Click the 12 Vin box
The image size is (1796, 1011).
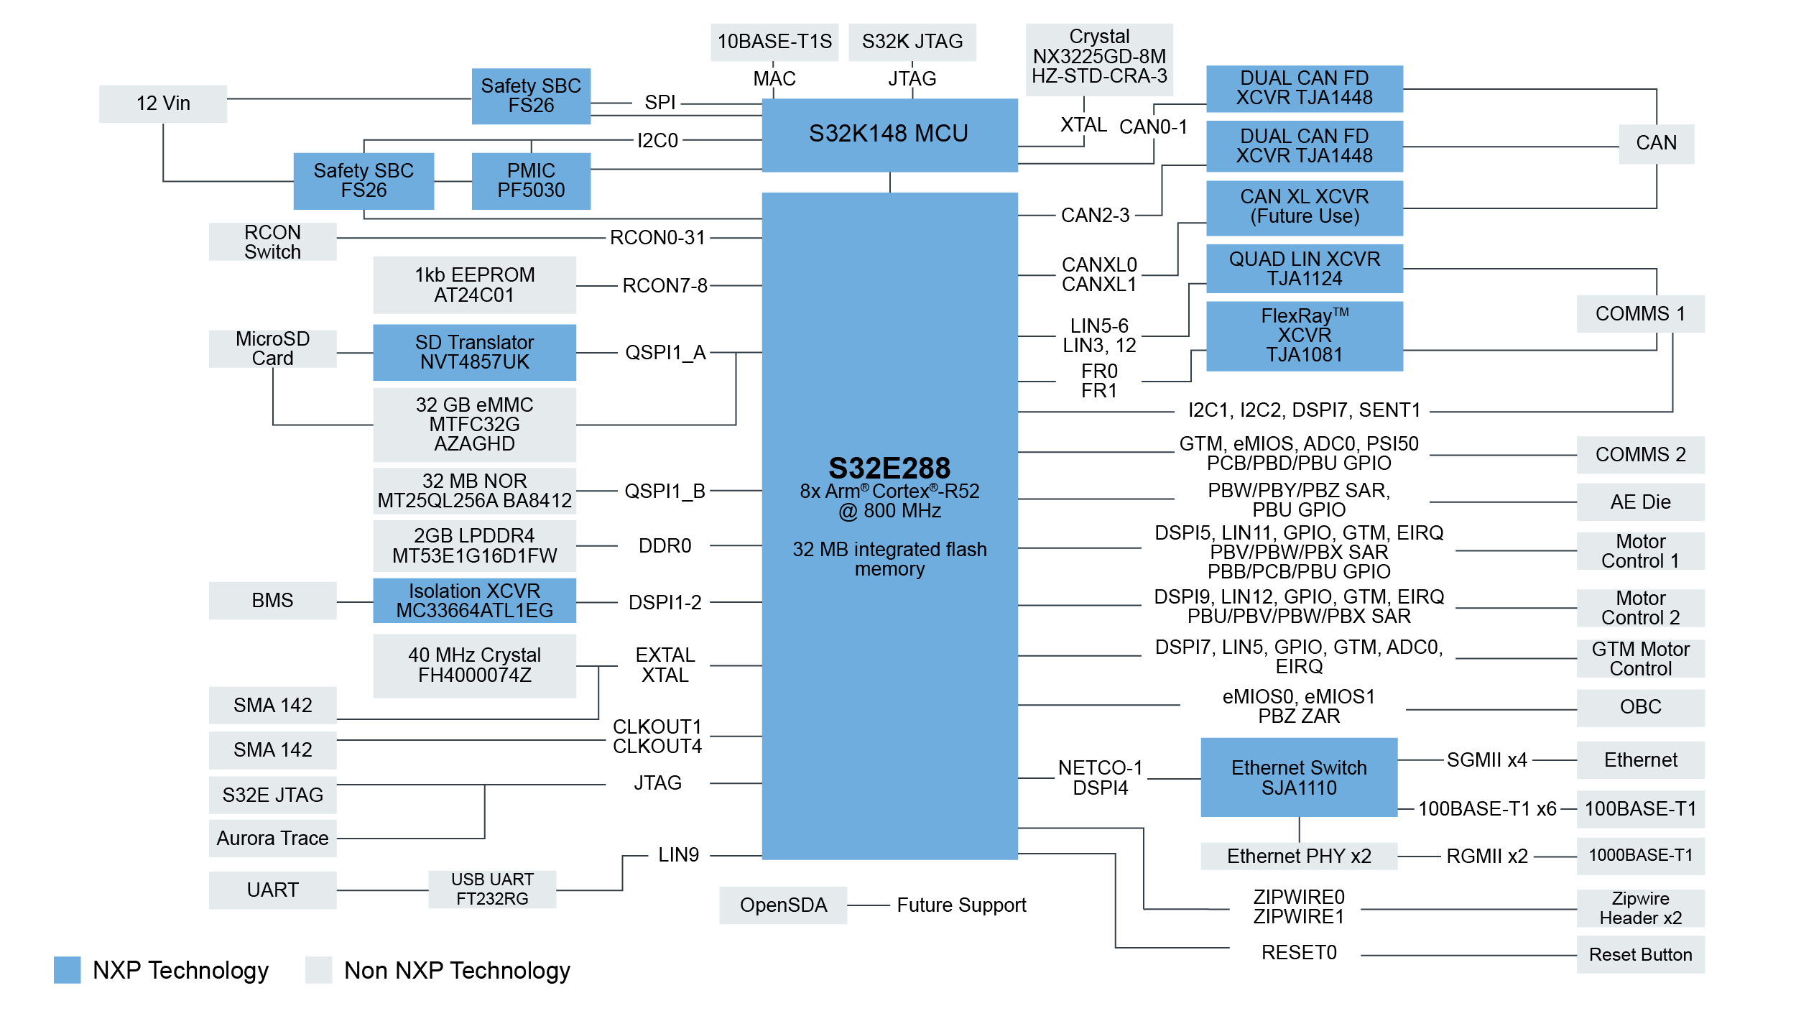(163, 103)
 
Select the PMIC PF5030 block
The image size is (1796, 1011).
(531, 180)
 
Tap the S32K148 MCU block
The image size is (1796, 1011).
(889, 134)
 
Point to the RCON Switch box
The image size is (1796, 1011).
(272, 241)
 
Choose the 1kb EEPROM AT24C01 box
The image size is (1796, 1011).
(474, 285)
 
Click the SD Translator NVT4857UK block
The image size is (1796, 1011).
(474, 352)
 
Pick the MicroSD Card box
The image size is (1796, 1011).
(272, 348)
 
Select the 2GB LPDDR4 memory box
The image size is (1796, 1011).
(474, 545)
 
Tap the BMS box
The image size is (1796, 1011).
(272, 600)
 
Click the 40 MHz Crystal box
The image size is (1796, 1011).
(474, 665)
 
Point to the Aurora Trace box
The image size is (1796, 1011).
(272, 838)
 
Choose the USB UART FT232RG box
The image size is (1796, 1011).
(492, 889)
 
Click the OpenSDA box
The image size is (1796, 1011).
(783, 905)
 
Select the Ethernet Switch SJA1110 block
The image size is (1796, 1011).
(1298, 777)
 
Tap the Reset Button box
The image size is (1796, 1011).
(1640, 954)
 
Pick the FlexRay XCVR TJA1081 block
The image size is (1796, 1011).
(1304, 336)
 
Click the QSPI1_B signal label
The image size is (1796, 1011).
(665, 491)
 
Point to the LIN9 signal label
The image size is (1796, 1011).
(678, 854)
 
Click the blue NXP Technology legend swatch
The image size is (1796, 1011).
(67, 969)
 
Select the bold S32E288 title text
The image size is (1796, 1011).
(889, 468)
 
